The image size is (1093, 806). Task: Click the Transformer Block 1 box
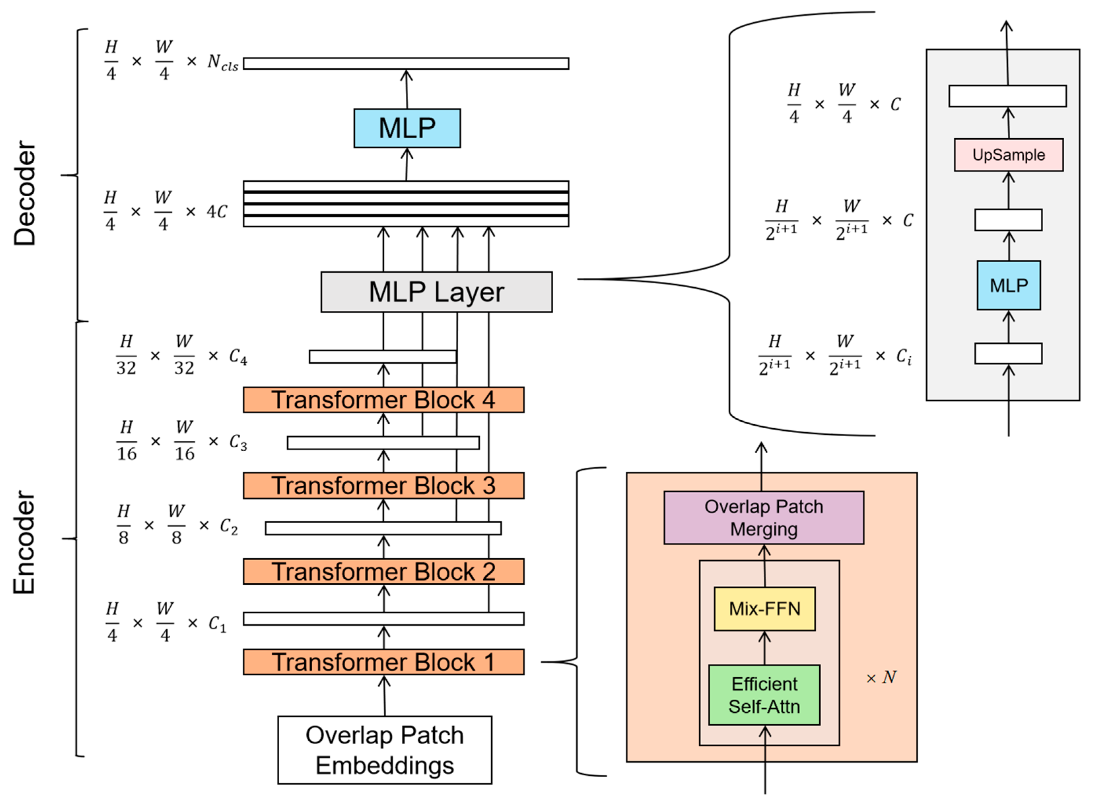click(384, 662)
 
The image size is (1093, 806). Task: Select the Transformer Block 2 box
click(384, 571)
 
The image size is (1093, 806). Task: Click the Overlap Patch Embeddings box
click(385, 750)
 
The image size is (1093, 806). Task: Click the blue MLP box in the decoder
click(407, 128)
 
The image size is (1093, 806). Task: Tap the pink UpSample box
click(1008, 155)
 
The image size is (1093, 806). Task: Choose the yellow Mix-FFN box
click(765, 609)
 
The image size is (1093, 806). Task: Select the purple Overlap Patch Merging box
click(764, 518)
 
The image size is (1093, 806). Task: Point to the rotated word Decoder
click(24, 193)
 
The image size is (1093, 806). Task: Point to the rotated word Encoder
click(24, 542)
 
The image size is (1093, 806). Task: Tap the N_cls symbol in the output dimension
click(222, 62)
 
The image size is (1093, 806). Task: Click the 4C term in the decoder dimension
click(217, 212)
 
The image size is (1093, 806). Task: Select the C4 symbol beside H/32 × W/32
click(238, 357)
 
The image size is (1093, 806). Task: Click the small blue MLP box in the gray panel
click(1008, 285)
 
